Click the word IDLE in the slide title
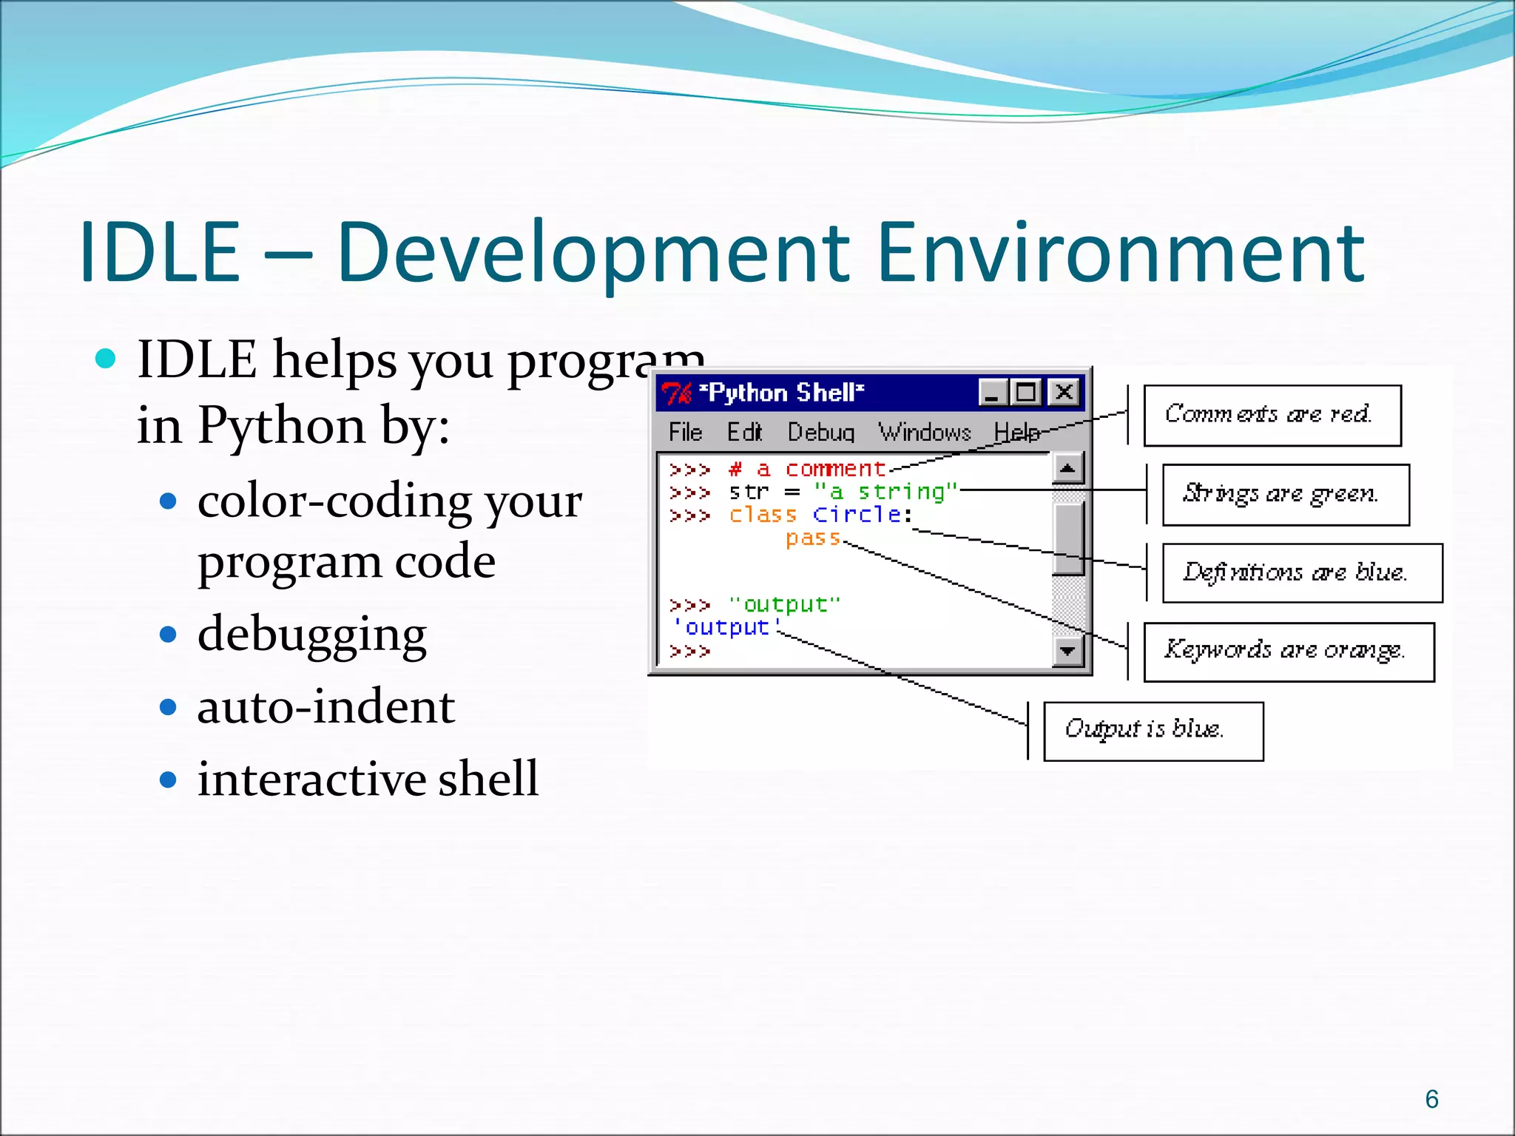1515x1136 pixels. [161, 253]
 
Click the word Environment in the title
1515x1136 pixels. [1121, 253]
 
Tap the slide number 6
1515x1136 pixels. [1431, 1099]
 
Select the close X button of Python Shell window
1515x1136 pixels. [1064, 392]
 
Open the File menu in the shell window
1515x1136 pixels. [685, 432]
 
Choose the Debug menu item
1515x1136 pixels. [820, 432]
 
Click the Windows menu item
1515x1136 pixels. [924, 432]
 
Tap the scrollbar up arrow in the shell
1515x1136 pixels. [1067, 468]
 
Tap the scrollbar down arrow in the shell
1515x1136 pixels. [1067, 651]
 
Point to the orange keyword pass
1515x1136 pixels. [813, 538]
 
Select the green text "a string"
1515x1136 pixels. [885, 491]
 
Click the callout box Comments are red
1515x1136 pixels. [1272, 415]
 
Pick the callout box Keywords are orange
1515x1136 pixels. [1288, 652]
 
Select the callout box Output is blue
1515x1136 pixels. [1153, 731]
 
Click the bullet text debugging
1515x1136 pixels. [311, 635]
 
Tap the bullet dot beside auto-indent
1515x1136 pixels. [169, 707]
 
